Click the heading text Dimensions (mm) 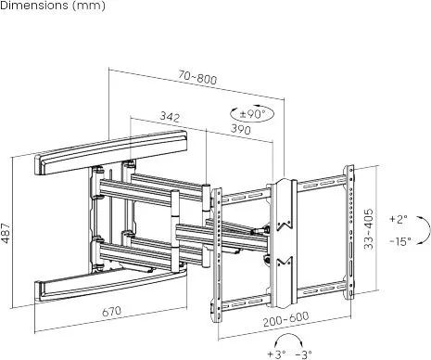(x=53, y=6)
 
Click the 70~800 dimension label (x=197, y=77)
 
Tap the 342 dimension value (x=170, y=117)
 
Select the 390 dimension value (x=241, y=129)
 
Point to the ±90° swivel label (x=252, y=114)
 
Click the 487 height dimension (x=6, y=233)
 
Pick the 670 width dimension (x=112, y=311)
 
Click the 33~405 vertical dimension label (x=368, y=229)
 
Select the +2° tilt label (x=399, y=219)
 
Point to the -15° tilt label (x=400, y=241)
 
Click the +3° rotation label (x=276, y=354)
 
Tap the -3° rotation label (x=303, y=354)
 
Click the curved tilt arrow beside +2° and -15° (x=429, y=229)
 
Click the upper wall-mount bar (x=111, y=152)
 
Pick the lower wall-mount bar (x=110, y=285)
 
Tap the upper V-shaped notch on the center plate (x=285, y=225)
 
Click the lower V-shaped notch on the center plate (x=285, y=262)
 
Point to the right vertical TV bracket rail (x=349, y=232)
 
